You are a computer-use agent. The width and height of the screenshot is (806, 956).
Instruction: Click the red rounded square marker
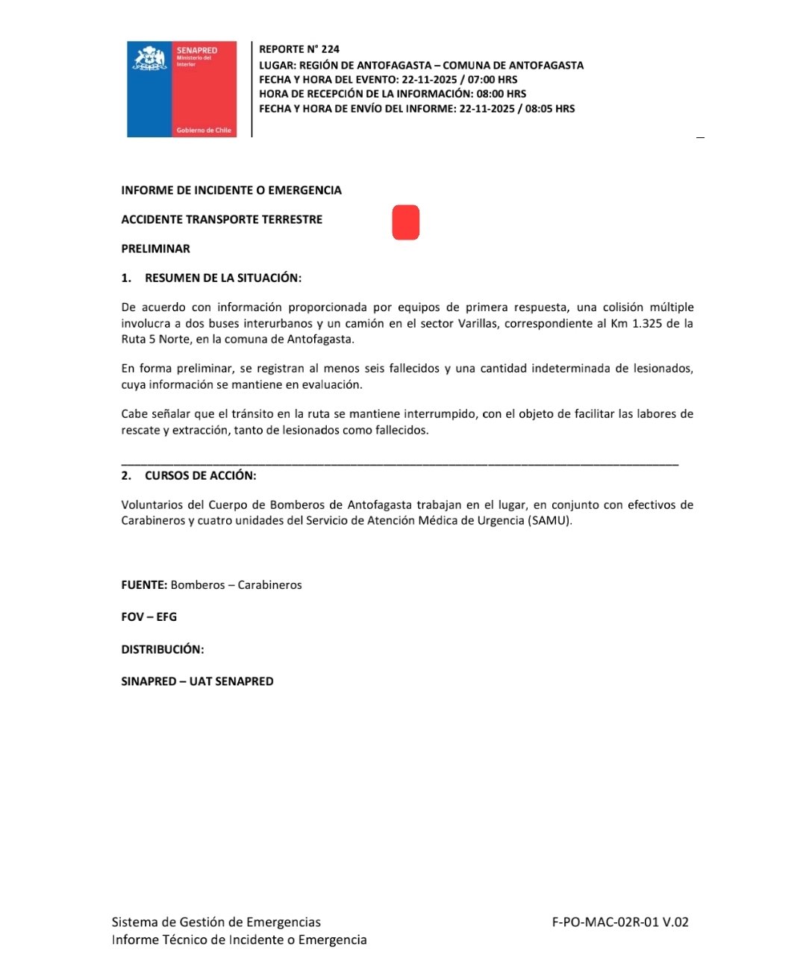pyautogui.click(x=406, y=222)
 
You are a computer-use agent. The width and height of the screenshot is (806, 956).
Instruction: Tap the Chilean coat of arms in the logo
pyautogui.click(x=149, y=59)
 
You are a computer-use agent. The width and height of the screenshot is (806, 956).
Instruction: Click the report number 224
pyautogui.click(x=330, y=49)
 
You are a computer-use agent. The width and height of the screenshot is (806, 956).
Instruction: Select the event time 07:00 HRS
pyautogui.click(x=492, y=79)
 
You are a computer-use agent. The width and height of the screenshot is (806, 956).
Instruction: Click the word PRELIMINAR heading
pyautogui.click(x=155, y=249)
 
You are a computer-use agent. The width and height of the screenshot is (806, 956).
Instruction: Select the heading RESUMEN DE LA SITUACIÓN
pyautogui.click(x=222, y=278)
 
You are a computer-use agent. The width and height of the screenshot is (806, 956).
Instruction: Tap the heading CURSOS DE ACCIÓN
pyautogui.click(x=200, y=475)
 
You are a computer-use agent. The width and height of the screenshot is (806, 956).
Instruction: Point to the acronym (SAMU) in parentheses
pyautogui.click(x=549, y=520)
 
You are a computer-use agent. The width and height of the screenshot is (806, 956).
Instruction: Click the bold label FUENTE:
pyautogui.click(x=144, y=585)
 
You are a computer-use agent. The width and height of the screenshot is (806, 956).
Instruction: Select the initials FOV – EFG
pyautogui.click(x=149, y=617)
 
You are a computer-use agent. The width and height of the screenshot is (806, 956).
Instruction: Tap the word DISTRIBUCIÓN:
pyautogui.click(x=163, y=649)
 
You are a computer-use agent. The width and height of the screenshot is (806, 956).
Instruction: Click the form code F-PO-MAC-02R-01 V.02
pyautogui.click(x=620, y=922)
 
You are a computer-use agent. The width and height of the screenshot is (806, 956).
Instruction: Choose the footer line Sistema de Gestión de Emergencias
pyautogui.click(x=216, y=922)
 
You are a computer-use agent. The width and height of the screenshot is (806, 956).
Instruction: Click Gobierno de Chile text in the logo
pyautogui.click(x=204, y=130)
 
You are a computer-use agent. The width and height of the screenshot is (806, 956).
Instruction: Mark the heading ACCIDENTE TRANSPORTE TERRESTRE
pyautogui.click(x=222, y=219)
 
